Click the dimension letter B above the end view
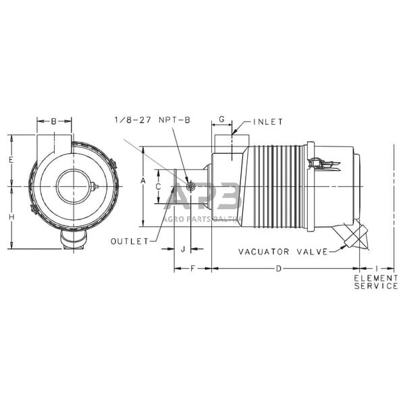point(54,122)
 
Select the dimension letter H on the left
point(11,217)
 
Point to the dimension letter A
point(142,181)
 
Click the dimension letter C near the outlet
point(158,186)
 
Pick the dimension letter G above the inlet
point(222,119)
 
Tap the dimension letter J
point(182,249)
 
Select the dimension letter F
point(192,269)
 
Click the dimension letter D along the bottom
point(279,269)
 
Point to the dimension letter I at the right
point(376,269)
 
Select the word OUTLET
point(130,241)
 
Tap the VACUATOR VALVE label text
point(283,252)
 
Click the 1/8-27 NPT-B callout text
point(152,119)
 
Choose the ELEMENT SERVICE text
point(376,282)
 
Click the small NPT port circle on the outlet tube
point(190,186)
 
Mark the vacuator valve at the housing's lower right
point(353,236)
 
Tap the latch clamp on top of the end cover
point(321,162)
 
